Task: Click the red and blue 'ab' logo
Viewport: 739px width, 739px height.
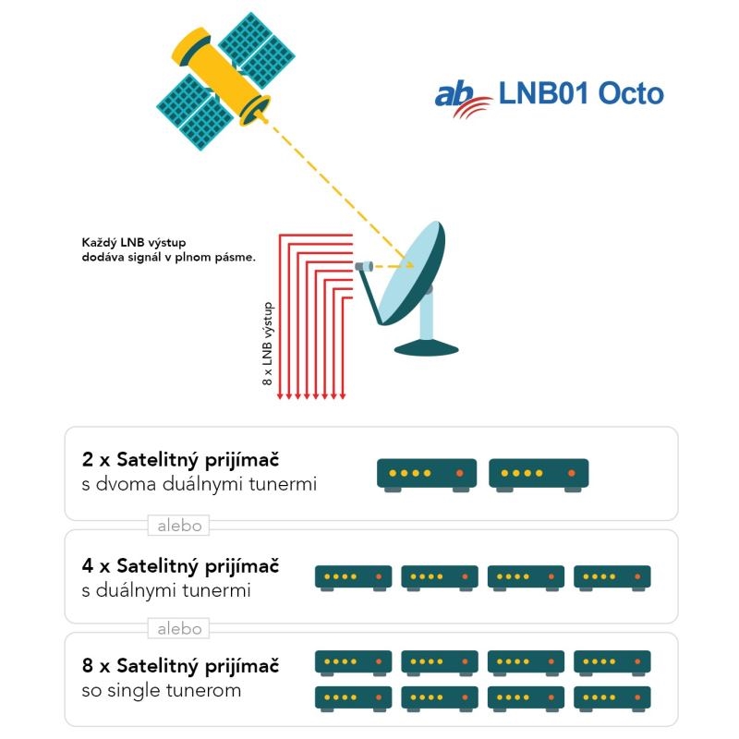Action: point(462,98)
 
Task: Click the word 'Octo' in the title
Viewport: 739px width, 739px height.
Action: point(631,93)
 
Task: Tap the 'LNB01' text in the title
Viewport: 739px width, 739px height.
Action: point(543,93)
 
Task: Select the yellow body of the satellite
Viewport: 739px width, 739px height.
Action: point(220,76)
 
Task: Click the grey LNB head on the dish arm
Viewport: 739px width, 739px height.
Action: point(364,267)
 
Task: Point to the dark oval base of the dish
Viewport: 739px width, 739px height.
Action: point(426,349)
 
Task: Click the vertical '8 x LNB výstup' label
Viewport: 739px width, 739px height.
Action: point(267,344)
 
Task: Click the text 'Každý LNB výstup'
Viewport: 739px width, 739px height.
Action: point(134,243)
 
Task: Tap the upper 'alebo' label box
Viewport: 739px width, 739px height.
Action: point(178,526)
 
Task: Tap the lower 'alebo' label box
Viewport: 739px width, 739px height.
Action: point(178,629)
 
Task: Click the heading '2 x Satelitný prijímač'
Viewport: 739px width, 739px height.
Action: point(180,460)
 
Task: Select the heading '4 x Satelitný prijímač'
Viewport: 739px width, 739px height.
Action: point(180,566)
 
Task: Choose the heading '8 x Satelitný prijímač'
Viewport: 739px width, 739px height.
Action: point(180,666)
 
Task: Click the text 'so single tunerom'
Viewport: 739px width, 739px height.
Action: point(161,690)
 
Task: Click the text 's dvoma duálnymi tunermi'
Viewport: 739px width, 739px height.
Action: point(199,484)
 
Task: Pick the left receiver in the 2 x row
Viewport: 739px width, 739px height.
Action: point(427,475)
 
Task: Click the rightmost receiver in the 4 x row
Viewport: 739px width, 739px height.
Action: point(612,578)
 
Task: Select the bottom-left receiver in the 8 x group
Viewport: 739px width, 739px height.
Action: point(353,699)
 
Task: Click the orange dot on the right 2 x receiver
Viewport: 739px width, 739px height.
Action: point(571,473)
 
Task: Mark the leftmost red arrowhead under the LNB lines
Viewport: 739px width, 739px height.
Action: point(280,396)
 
